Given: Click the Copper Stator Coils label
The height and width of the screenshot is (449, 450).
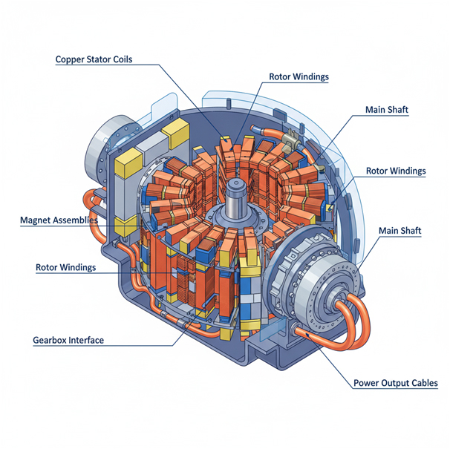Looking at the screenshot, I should pos(94,59).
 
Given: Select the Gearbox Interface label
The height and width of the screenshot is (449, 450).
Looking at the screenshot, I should pos(68,340).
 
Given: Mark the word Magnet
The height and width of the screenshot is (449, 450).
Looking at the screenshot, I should pos(36,220).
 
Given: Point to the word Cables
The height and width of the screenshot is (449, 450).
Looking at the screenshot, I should pos(423,384).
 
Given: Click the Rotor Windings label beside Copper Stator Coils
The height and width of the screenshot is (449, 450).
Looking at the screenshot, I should pos(299,76).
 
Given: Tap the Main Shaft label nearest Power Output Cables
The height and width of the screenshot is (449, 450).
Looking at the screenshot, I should pos(400,231).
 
